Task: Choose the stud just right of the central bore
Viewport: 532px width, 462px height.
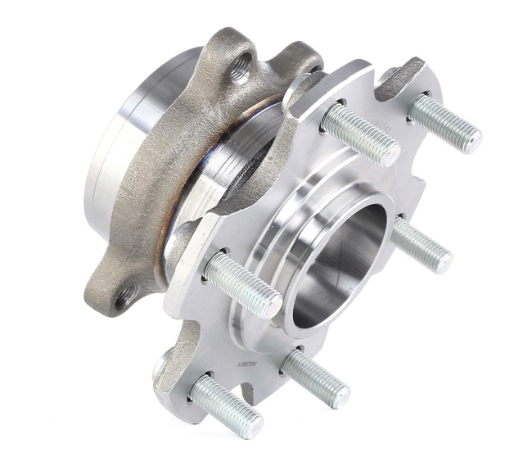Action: (x=421, y=246)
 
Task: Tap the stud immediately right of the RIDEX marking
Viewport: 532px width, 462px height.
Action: (x=316, y=378)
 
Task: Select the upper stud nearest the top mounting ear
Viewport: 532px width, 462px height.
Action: (x=360, y=134)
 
